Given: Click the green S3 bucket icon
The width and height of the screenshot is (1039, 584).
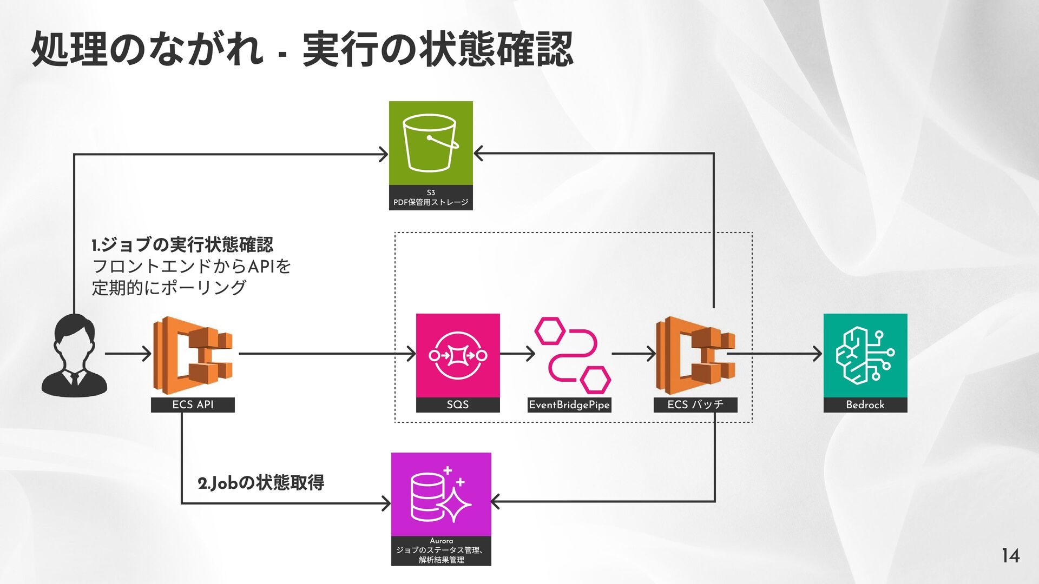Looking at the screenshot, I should point(431,143).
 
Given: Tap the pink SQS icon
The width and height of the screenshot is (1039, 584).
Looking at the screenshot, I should point(458,355).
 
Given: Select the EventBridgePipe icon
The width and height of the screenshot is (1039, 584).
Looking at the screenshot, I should point(573,355).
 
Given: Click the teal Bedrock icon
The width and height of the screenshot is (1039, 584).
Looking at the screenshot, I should point(865,355).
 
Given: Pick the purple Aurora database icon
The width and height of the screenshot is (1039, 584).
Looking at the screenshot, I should point(441,494).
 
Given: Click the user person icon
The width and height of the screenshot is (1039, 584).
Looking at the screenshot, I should point(74,355).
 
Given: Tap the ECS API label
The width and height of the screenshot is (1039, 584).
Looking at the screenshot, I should point(193,405).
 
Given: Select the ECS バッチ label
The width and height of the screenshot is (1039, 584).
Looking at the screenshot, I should point(695,405).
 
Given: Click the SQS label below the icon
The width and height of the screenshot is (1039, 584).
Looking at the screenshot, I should point(458,405).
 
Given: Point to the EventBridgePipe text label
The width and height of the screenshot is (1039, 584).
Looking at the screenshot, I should point(569,405).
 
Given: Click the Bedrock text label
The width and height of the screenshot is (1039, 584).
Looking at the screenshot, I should point(865,405).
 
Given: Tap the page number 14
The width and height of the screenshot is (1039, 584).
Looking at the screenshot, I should point(1010,555).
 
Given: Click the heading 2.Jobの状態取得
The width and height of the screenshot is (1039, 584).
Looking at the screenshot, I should point(261,482).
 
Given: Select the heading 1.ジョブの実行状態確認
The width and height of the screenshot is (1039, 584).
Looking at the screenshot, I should point(183,245).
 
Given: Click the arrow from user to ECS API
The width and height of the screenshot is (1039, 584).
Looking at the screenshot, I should point(128,354).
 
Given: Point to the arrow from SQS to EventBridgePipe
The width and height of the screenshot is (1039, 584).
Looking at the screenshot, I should point(517,354).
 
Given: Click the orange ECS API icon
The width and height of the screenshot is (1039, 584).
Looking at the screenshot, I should point(193,355).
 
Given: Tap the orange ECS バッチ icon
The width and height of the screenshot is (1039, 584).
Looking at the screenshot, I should point(695,355).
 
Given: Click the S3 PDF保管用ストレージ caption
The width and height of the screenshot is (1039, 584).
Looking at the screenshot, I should point(431,198).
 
